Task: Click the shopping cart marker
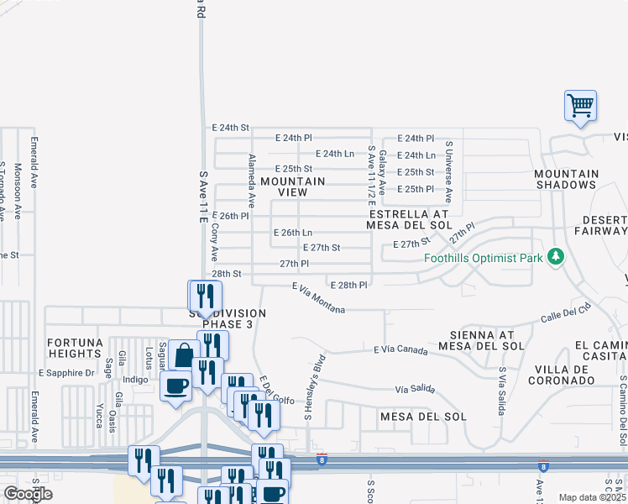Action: (580, 107)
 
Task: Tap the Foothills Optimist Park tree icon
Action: (554, 256)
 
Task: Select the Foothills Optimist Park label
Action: (483, 258)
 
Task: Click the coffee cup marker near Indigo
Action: (175, 387)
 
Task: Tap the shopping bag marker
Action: (184, 355)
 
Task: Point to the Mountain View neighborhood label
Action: (292, 186)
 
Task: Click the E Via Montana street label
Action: (318, 299)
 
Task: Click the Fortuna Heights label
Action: (74, 348)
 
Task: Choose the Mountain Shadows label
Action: (566, 179)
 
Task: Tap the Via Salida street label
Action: (416, 390)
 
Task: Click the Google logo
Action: (28, 494)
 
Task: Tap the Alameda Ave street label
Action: (251, 181)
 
